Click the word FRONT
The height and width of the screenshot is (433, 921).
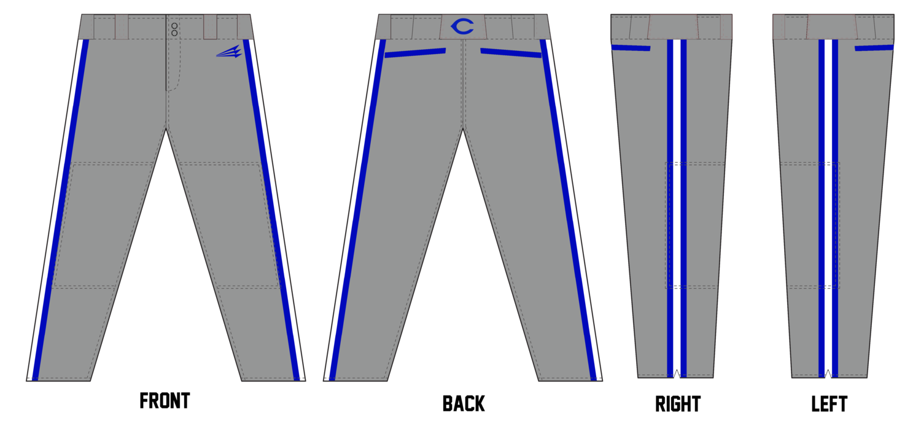(165, 400)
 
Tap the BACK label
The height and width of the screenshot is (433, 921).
(464, 404)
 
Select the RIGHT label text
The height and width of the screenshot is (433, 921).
(678, 404)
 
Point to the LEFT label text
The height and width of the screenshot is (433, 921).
(830, 404)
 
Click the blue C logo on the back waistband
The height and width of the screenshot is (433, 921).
(462, 26)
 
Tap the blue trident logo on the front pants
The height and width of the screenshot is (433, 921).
(230, 52)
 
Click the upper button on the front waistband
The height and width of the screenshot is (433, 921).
(174, 26)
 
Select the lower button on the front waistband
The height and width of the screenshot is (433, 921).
(174, 33)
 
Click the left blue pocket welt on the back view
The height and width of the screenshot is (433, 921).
(415, 53)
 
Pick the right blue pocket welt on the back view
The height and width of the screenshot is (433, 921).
(511, 53)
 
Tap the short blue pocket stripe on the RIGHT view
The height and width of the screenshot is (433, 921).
(631, 48)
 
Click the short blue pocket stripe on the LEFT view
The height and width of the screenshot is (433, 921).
(874, 48)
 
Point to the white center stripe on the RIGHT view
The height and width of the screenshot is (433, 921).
(677, 208)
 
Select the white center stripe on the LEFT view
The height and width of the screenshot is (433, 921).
(828, 208)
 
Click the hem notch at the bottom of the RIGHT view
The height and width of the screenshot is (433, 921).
(677, 373)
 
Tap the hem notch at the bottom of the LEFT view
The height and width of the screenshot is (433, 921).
(828, 373)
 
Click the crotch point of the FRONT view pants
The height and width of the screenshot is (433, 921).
(166, 129)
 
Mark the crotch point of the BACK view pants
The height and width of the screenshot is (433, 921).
(463, 129)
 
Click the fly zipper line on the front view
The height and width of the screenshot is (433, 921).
(166, 53)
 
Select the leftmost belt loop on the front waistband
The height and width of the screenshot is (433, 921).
(122, 27)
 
